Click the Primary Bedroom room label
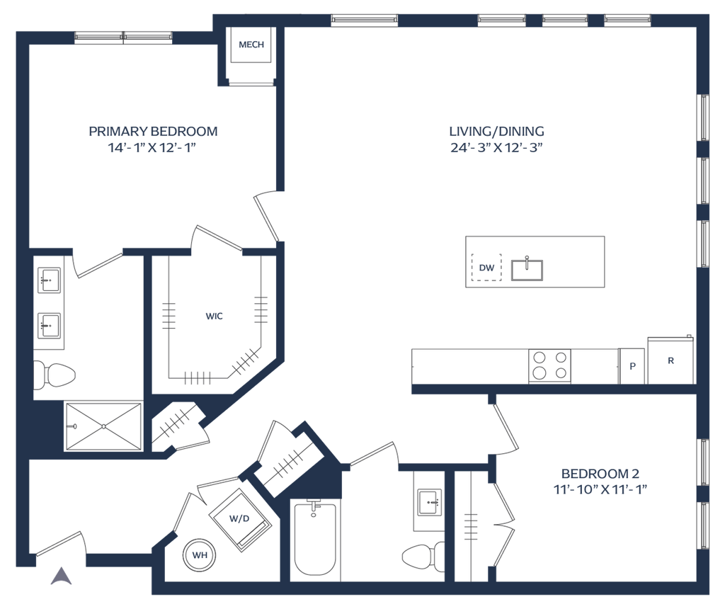(x=153, y=131)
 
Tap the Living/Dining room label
(x=497, y=131)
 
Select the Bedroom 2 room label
(x=600, y=472)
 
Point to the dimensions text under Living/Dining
(x=497, y=148)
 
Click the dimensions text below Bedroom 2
(x=600, y=489)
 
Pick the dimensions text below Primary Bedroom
(x=152, y=148)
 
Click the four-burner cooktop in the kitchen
(x=550, y=365)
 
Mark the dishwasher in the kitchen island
(x=486, y=268)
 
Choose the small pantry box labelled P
(x=632, y=366)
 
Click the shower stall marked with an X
(x=103, y=426)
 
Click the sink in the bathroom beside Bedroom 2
(x=427, y=503)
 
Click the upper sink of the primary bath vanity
(x=50, y=280)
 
